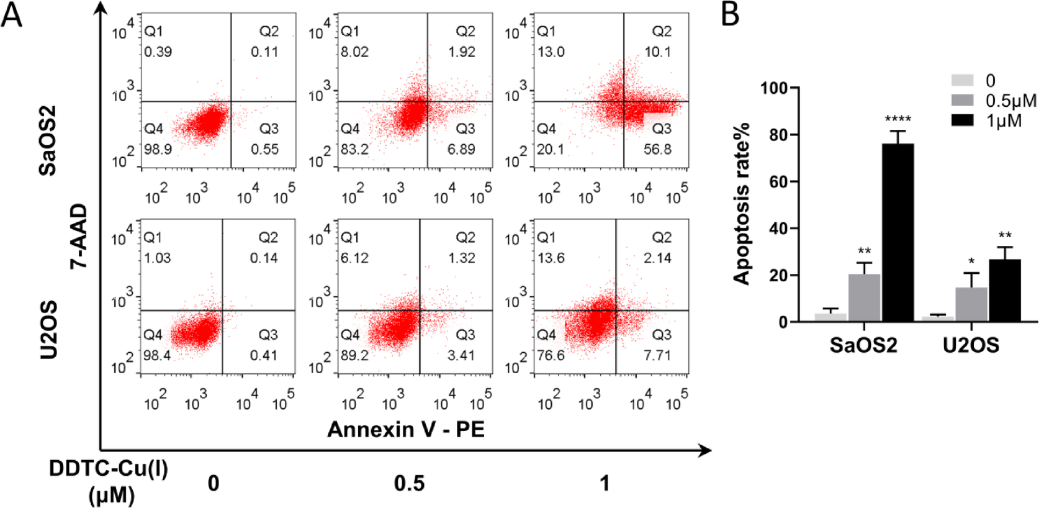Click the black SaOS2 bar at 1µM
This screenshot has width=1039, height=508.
tap(897, 232)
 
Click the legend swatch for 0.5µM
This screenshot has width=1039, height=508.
tap(962, 100)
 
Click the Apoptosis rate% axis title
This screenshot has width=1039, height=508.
tap(742, 204)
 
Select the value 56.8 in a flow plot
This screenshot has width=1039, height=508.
tap(657, 149)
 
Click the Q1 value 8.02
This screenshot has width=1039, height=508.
tap(354, 52)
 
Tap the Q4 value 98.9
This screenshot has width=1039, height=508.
tap(158, 149)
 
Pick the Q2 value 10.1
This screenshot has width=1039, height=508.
tap(657, 52)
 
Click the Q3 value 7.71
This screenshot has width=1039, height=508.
tap(657, 355)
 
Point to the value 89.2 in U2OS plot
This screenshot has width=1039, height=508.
tap(354, 355)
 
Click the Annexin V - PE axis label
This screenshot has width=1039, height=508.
tap(406, 429)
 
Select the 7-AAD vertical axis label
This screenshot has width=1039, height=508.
tap(79, 237)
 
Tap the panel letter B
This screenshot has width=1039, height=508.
tap(731, 14)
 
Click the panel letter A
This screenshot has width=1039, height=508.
tap(11, 14)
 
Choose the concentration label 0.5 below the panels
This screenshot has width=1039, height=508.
tap(409, 483)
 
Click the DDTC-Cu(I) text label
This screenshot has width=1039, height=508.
tap(109, 469)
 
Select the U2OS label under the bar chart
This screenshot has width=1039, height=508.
tap(971, 345)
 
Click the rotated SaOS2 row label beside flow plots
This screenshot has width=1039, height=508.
tap(48, 140)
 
